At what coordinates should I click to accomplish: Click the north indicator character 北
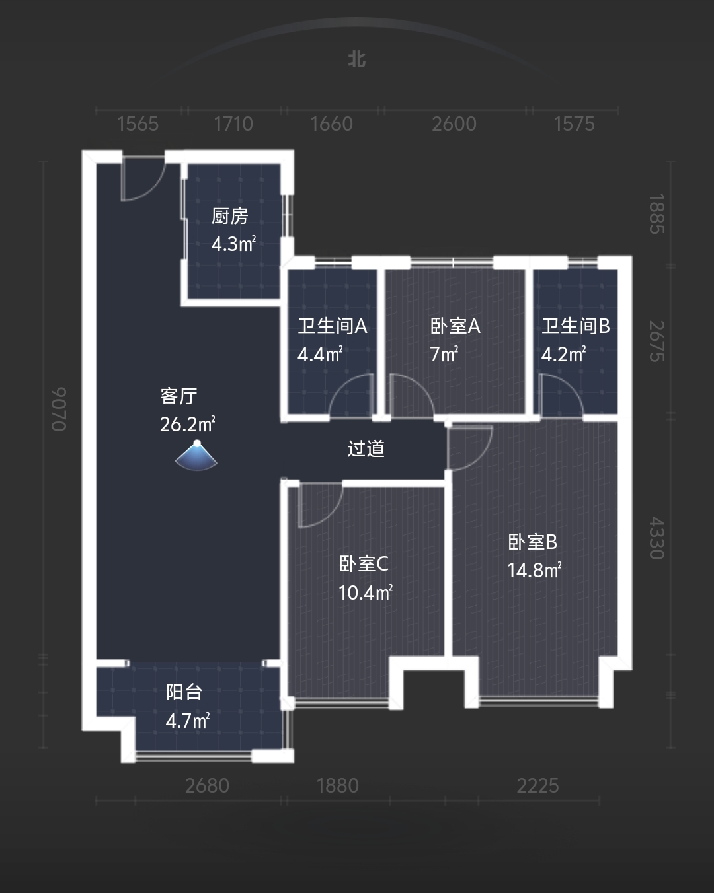pyautogui.click(x=357, y=59)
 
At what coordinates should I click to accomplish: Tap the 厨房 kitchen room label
pyautogui.click(x=229, y=216)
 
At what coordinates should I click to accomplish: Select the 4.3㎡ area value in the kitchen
pyautogui.click(x=233, y=244)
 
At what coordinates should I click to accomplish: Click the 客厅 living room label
pyautogui.click(x=178, y=396)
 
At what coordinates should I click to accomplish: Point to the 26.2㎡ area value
pyautogui.click(x=187, y=424)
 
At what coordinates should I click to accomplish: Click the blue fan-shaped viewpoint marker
pyautogui.click(x=196, y=456)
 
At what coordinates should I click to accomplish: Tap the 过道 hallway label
pyautogui.click(x=366, y=449)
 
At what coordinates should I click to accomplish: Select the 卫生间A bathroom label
pyautogui.click(x=332, y=326)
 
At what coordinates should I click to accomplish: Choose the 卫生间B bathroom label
pyautogui.click(x=575, y=326)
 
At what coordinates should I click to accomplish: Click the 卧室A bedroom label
pyautogui.click(x=455, y=326)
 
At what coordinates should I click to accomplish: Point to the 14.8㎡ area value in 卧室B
pyautogui.click(x=534, y=570)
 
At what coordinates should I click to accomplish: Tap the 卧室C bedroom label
pyautogui.click(x=364, y=563)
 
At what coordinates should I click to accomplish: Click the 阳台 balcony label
pyautogui.click(x=184, y=692)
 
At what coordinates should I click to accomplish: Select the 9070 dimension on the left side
pyautogui.click(x=59, y=410)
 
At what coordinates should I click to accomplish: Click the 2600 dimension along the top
pyautogui.click(x=454, y=124)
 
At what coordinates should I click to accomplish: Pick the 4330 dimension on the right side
pyautogui.click(x=656, y=538)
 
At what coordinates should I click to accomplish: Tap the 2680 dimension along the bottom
pyautogui.click(x=207, y=785)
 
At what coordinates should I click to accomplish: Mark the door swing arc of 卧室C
pyautogui.click(x=319, y=506)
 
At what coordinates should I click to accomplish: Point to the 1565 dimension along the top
pyautogui.click(x=138, y=124)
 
